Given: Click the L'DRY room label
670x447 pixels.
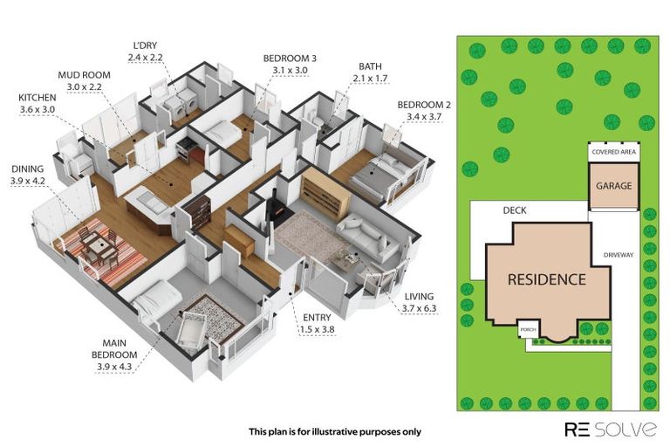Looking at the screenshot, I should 146,45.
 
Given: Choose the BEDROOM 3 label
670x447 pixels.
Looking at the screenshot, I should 290,58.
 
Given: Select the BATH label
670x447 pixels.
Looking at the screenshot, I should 369,65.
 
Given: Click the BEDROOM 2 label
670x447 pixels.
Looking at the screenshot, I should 421,105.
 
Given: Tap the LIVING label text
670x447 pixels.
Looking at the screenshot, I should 417,297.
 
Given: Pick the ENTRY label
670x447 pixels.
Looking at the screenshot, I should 317,317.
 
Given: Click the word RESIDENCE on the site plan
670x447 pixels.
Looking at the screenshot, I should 548,279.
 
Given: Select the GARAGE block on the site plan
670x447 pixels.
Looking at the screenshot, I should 614,186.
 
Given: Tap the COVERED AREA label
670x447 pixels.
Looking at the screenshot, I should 614,152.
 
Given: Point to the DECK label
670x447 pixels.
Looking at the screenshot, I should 514,210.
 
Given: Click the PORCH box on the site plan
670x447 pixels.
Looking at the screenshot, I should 527,331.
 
